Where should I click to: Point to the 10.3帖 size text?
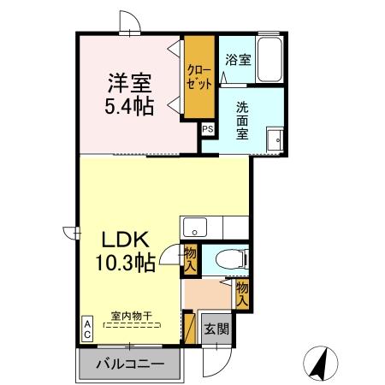pyautogui.click(x=124, y=263)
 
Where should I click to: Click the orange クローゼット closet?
pyautogui.click(x=198, y=77)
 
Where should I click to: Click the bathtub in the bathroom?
pyautogui.click(x=272, y=60)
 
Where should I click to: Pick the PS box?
pyautogui.click(x=208, y=129)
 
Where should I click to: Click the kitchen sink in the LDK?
pyautogui.click(x=194, y=228)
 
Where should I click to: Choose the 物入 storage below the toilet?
pyautogui.click(x=242, y=293)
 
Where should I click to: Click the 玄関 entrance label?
pyautogui.click(x=215, y=329)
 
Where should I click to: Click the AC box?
pyautogui.click(x=87, y=329)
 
